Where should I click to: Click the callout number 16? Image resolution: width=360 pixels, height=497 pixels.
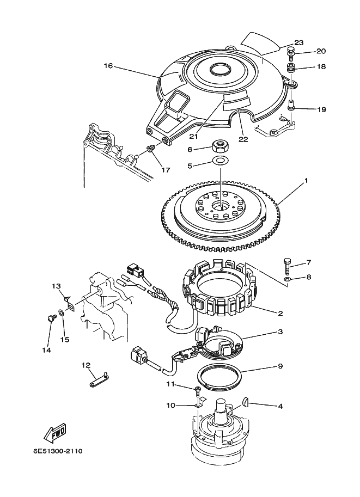click(108, 66)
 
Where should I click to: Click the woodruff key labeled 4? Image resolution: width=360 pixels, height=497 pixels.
click(245, 402)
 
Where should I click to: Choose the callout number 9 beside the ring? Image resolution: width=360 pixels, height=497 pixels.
click(280, 366)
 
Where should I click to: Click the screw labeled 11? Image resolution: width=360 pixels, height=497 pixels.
click(197, 389)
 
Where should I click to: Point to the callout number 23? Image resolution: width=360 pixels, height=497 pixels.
click(298, 42)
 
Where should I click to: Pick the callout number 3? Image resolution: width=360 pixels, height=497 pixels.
click(280, 332)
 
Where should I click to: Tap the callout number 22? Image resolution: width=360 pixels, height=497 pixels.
click(243, 139)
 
